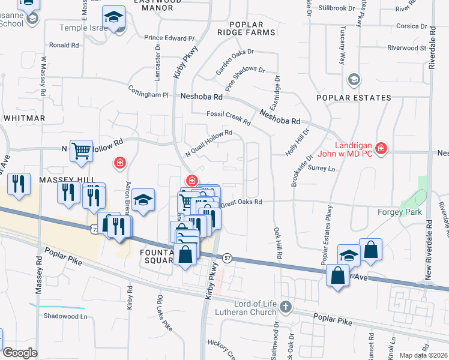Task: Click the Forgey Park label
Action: [x=399, y=212]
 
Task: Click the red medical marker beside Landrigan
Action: [x=381, y=148]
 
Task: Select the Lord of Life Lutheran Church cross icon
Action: [x=285, y=307]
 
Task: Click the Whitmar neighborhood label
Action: [x=24, y=118]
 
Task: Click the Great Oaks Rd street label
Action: [x=242, y=203]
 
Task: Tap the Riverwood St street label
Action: [x=406, y=47]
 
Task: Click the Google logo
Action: [x=20, y=353]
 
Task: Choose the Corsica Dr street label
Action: [x=411, y=26]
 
